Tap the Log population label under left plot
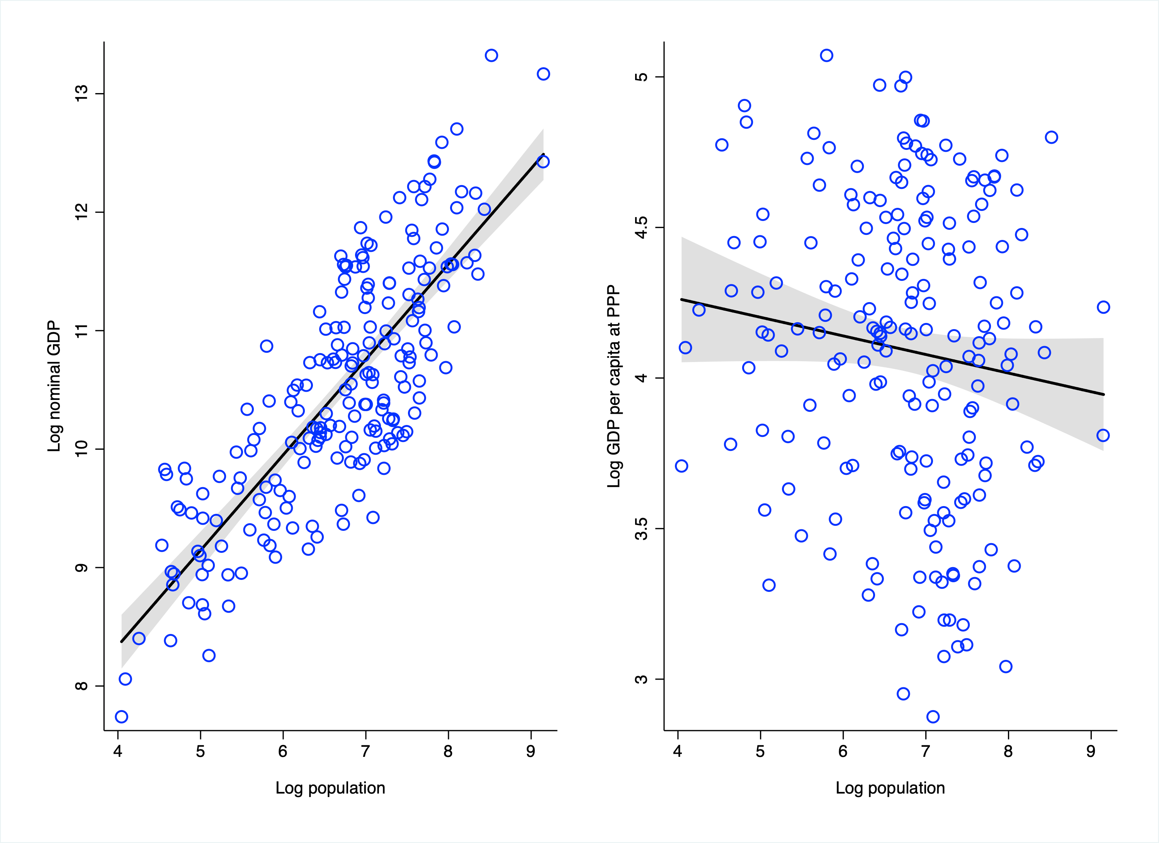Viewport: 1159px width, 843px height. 330,788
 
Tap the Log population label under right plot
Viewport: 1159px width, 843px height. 890,788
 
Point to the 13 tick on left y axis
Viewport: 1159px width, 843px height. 82,93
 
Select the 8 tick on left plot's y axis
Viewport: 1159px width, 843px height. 82,686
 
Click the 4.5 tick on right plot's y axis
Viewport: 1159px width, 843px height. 641,227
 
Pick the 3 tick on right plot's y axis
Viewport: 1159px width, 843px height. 641,679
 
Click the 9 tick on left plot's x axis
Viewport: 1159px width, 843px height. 530,751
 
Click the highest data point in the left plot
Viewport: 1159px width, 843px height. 491,55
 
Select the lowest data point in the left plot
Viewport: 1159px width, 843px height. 121,716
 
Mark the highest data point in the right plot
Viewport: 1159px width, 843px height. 826,55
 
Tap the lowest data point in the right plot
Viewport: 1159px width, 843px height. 933,716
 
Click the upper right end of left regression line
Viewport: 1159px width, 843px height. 543,154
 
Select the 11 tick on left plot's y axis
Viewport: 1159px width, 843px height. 82,331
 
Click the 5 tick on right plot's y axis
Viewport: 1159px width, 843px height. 641,76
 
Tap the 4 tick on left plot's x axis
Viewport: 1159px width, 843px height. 118,751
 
